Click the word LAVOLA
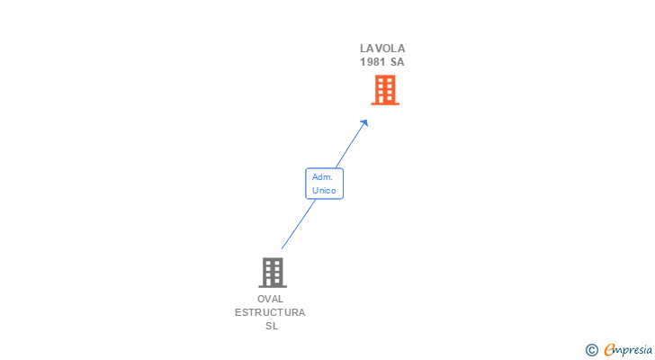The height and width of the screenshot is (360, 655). pyautogui.click(x=382, y=49)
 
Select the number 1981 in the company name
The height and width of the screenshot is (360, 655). pyautogui.click(x=373, y=62)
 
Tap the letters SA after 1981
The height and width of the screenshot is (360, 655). pyautogui.click(x=397, y=62)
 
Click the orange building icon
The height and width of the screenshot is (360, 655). pyautogui.click(x=385, y=89)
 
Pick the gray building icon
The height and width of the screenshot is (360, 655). pyautogui.click(x=272, y=272)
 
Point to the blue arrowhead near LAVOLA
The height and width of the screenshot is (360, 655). pyautogui.click(x=364, y=123)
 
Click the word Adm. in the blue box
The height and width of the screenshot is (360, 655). pyautogui.click(x=323, y=177)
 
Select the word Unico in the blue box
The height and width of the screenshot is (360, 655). pyautogui.click(x=324, y=190)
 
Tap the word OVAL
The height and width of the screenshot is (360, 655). pyautogui.click(x=270, y=299)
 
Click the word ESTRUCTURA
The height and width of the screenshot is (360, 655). pyautogui.click(x=270, y=312)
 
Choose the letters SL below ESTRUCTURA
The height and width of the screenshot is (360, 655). pyautogui.click(x=271, y=326)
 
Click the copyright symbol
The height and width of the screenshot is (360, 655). pyautogui.click(x=591, y=350)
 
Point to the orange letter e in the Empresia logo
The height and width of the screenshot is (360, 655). pyautogui.click(x=609, y=350)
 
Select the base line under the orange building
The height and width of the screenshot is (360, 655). pyautogui.click(x=385, y=104)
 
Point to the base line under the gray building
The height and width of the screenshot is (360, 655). pyautogui.click(x=272, y=286)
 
